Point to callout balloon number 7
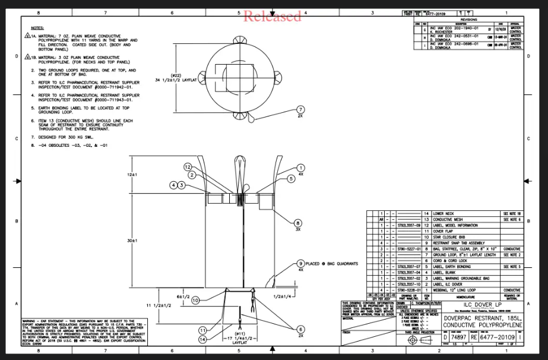(x=300, y=109)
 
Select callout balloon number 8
(x=297, y=223)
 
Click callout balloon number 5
(x=292, y=178)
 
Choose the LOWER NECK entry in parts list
(x=445, y=213)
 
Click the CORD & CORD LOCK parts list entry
(x=450, y=260)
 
